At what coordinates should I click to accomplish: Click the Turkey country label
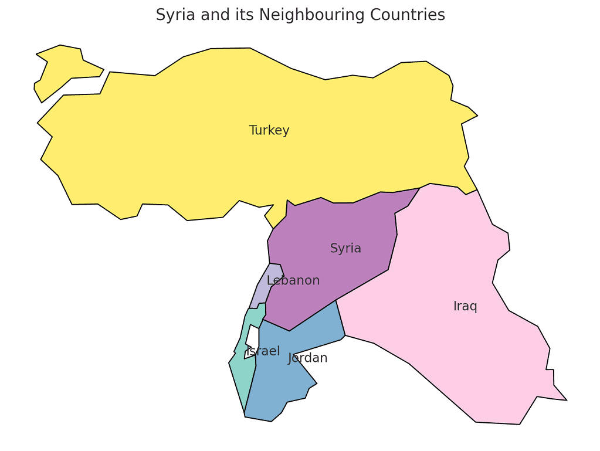click(269, 130)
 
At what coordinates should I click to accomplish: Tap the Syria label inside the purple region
click(345, 248)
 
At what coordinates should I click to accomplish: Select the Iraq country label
click(465, 306)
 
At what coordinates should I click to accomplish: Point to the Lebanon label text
click(293, 280)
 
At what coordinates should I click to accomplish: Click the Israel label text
click(263, 351)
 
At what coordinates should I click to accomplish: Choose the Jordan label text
click(307, 358)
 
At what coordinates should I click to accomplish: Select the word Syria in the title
click(174, 15)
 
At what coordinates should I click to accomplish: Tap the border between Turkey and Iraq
click(449, 186)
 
